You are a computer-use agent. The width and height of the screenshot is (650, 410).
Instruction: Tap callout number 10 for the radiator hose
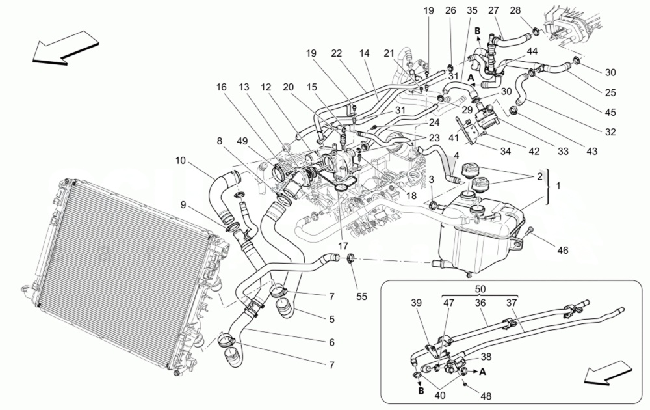(x=181, y=159)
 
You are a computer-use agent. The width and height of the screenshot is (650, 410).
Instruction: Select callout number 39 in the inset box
(x=417, y=303)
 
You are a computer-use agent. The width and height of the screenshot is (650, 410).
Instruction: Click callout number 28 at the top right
(x=533, y=11)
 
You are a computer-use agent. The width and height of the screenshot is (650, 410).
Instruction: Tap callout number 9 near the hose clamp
(x=183, y=204)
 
